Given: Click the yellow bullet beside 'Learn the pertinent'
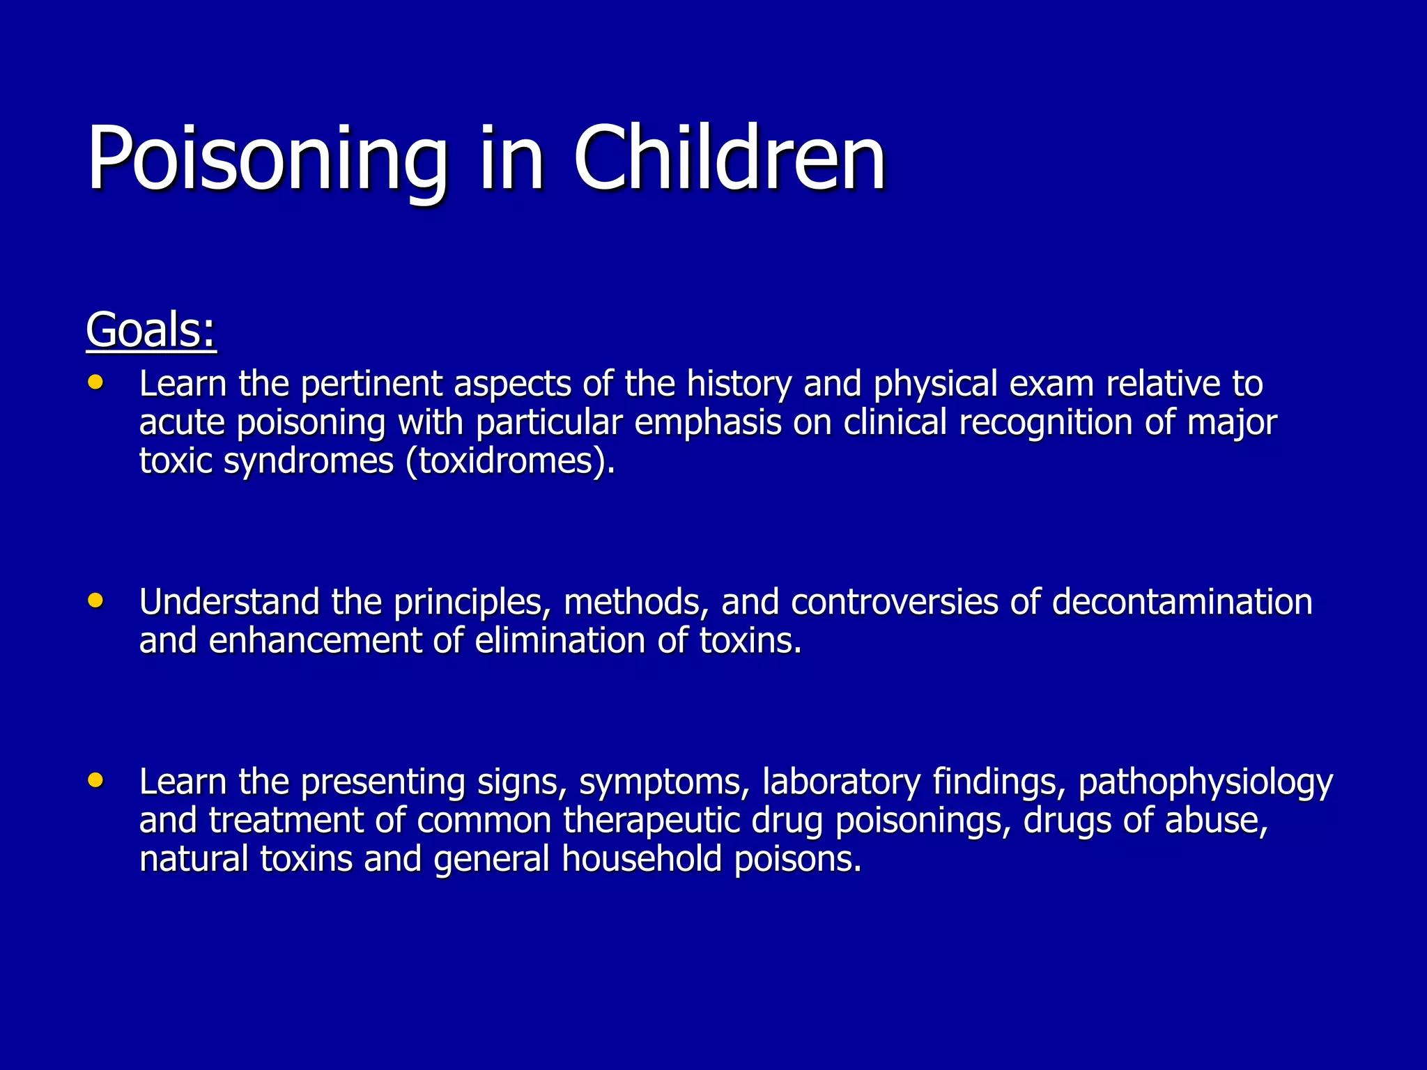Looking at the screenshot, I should point(96,382).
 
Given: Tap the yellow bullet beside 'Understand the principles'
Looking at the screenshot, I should point(96,600).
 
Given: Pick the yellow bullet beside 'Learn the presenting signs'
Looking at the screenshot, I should point(96,780).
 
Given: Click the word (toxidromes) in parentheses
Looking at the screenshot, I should point(509,461).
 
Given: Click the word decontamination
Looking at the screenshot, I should point(1182,602).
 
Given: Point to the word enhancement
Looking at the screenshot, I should point(315,641).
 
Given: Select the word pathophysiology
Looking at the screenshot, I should point(1205,783).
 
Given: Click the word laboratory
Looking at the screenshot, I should point(841,782).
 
